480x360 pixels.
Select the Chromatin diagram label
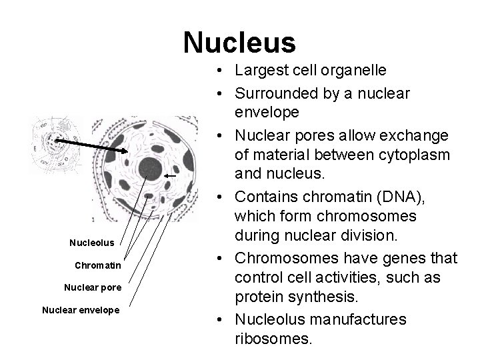[x=98, y=265]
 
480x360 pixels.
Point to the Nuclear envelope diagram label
[x=81, y=310]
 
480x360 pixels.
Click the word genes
[x=414, y=259]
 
